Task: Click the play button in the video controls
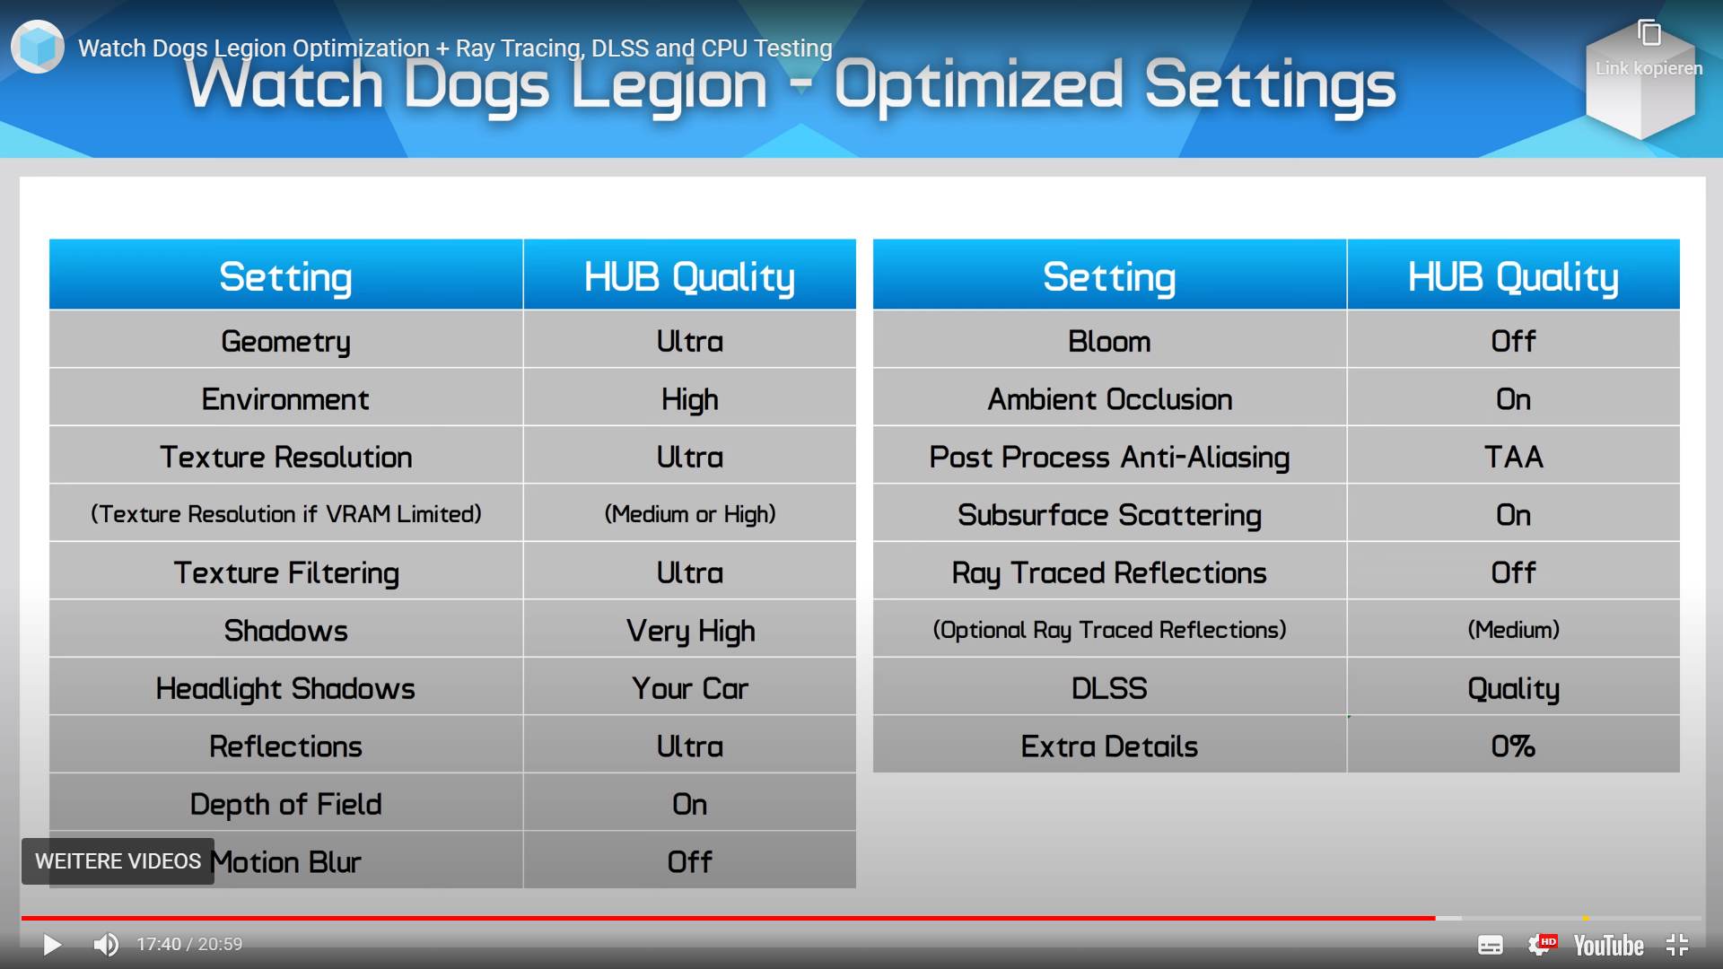pyautogui.click(x=52, y=945)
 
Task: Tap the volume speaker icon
pyautogui.click(x=106, y=945)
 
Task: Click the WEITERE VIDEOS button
pyautogui.click(x=118, y=861)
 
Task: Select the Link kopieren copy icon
pyautogui.click(x=1649, y=33)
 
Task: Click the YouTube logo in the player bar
pyautogui.click(x=1608, y=946)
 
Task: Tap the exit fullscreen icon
pyautogui.click(x=1677, y=945)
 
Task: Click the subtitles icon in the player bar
pyautogui.click(x=1491, y=945)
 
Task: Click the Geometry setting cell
pyautogui.click(x=285, y=341)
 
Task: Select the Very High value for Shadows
pyautogui.click(x=690, y=631)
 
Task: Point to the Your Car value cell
pyautogui.click(x=690, y=688)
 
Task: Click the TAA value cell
pyautogui.click(x=1513, y=457)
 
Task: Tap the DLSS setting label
pyautogui.click(x=1109, y=688)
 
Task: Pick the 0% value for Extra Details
pyautogui.click(x=1513, y=746)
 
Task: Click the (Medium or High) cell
pyautogui.click(x=690, y=514)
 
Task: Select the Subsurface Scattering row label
pyautogui.click(x=1109, y=515)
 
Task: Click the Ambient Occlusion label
pyautogui.click(x=1109, y=399)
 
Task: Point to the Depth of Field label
pyautogui.click(x=285, y=804)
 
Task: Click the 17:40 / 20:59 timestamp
pyautogui.click(x=189, y=945)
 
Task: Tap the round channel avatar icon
pyautogui.click(x=38, y=47)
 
